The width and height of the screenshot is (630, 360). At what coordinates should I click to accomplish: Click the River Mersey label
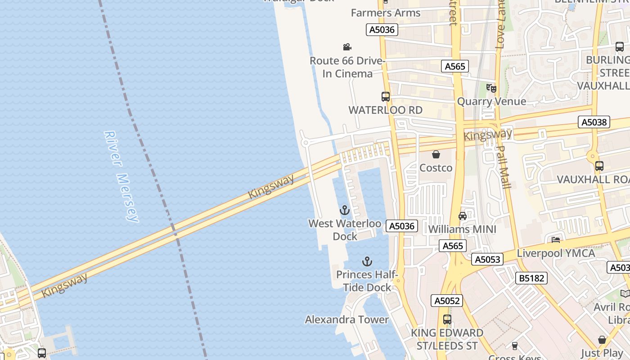pyautogui.click(x=121, y=176)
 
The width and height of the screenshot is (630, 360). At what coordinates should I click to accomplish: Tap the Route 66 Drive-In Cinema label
pyautogui.click(x=347, y=67)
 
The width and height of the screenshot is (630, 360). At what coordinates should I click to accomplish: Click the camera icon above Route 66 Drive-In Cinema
pyautogui.click(x=347, y=47)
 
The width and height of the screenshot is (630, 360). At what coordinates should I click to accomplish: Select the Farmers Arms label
pyautogui.click(x=386, y=13)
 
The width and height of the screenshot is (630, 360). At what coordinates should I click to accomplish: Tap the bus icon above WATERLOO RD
pyautogui.click(x=386, y=96)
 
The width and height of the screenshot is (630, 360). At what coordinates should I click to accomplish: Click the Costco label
pyautogui.click(x=436, y=168)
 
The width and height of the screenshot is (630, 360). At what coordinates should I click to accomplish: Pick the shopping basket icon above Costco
pyautogui.click(x=436, y=155)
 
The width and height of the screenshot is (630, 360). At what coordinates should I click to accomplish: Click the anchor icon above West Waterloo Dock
pyautogui.click(x=344, y=210)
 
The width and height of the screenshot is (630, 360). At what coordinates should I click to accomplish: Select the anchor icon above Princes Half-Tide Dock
pyautogui.click(x=367, y=261)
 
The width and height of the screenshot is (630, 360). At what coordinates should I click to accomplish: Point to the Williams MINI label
pyautogui.click(x=462, y=229)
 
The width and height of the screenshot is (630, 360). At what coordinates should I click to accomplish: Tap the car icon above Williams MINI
pyautogui.click(x=462, y=216)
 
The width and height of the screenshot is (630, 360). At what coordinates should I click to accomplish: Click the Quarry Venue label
pyautogui.click(x=491, y=101)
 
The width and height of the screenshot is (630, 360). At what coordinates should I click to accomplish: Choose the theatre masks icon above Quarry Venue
pyautogui.click(x=491, y=88)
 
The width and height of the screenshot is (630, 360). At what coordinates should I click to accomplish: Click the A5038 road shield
pyautogui.click(x=594, y=122)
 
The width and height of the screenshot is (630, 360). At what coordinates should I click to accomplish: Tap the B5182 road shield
pyautogui.click(x=531, y=278)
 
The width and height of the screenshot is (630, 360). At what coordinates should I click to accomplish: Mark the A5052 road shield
pyautogui.click(x=447, y=301)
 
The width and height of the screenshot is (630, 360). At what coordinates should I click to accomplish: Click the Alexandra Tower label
pyautogui.click(x=346, y=319)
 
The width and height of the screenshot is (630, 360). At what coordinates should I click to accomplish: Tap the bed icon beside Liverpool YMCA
pyautogui.click(x=556, y=240)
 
